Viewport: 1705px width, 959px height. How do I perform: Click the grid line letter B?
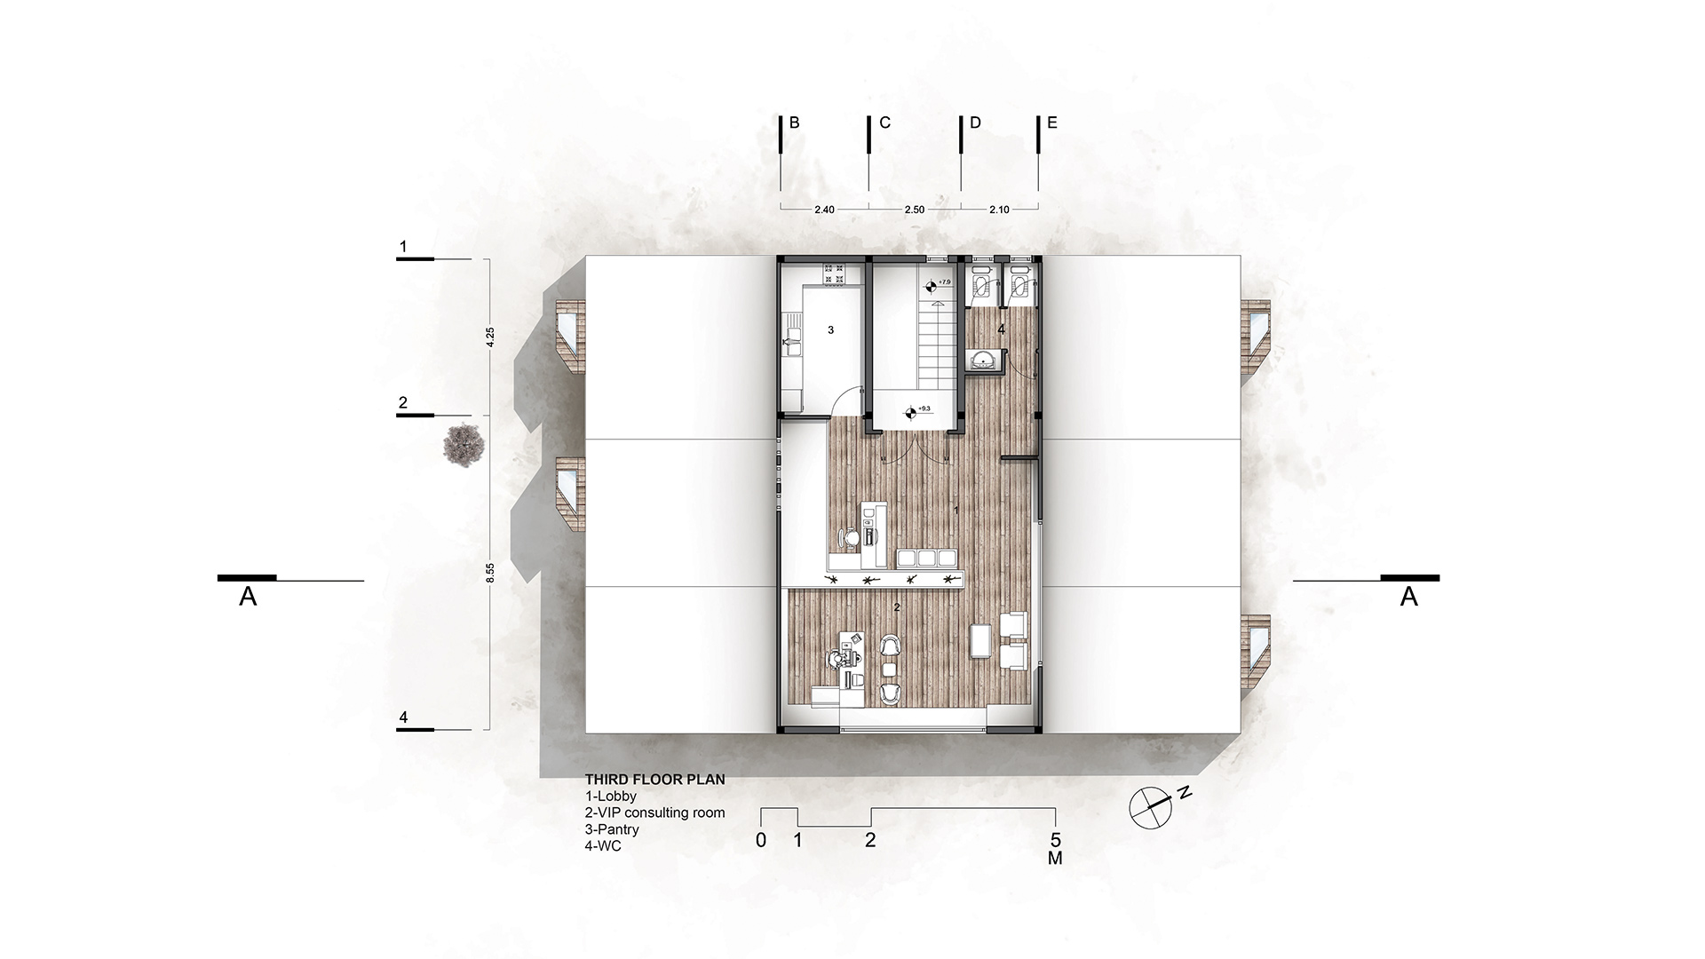(x=795, y=123)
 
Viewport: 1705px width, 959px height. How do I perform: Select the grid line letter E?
(x=1052, y=123)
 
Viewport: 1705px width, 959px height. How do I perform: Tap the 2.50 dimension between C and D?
(x=914, y=210)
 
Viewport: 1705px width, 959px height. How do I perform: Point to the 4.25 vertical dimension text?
(x=490, y=337)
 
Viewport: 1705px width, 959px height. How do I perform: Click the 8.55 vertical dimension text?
(x=490, y=573)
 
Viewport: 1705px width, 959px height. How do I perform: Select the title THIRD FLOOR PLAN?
(x=654, y=780)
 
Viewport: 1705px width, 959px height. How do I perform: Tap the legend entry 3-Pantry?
(x=612, y=829)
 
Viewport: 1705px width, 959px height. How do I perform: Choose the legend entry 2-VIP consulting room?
(x=654, y=812)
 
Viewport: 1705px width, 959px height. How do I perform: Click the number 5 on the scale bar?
(x=1055, y=840)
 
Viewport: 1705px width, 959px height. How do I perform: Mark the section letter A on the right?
(x=1409, y=598)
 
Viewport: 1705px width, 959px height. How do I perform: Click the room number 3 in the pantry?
(x=831, y=330)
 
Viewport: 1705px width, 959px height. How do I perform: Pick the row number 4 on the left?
(x=403, y=717)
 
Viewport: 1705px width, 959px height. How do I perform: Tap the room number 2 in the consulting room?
(x=897, y=607)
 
